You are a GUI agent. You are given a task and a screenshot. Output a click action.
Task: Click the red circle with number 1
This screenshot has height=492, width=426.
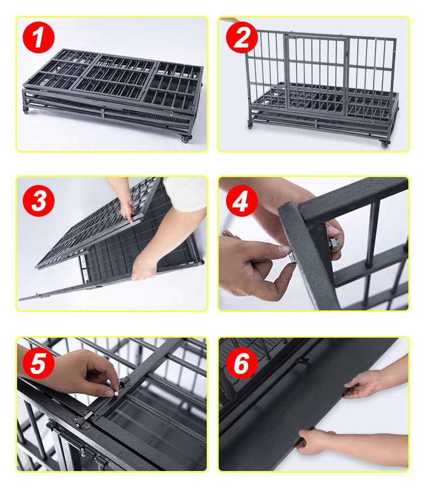[38, 37]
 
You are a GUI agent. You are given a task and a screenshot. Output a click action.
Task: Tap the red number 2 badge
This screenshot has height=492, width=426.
[241, 37]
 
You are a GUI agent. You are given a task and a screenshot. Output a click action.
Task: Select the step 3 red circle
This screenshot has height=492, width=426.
[38, 201]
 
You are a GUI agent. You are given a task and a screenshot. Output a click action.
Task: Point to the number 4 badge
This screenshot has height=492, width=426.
[241, 201]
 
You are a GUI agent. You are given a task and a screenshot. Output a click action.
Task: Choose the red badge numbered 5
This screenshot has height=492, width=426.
[38, 363]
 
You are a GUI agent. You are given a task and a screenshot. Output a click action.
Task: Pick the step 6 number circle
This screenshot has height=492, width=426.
[241, 363]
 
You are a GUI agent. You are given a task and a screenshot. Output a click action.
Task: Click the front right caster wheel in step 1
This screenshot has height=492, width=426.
[185, 138]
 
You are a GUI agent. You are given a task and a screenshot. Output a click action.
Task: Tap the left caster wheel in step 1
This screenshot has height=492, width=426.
[26, 111]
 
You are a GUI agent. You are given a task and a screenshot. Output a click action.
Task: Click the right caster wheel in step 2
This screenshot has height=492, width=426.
[385, 144]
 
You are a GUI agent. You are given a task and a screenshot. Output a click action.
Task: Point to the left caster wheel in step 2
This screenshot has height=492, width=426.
[250, 125]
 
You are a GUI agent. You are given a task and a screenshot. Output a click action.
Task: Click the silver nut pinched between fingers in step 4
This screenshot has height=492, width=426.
[292, 257]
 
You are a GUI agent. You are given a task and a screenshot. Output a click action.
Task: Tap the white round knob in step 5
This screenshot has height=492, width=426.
[116, 393]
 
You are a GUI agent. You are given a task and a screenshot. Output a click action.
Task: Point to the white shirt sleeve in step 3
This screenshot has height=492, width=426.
[185, 193]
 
